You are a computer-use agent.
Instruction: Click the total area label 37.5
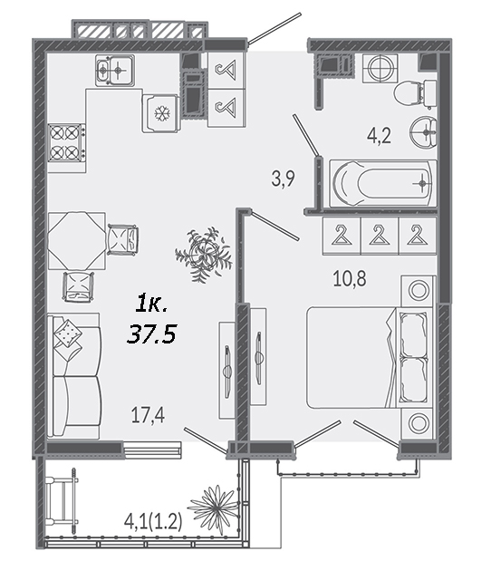[x=151, y=334]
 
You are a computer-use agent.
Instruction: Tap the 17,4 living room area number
[x=149, y=414]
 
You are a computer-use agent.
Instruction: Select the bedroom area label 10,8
[x=350, y=278]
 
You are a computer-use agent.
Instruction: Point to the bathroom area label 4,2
[x=379, y=135]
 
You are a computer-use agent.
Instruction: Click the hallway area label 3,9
[x=284, y=179]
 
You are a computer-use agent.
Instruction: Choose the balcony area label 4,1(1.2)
[x=153, y=523]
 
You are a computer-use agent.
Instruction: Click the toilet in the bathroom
[x=415, y=92]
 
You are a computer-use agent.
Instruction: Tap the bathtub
[x=382, y=183]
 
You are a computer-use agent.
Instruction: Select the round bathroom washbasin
[x=424, y=131]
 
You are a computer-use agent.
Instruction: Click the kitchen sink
[x=115, y=71]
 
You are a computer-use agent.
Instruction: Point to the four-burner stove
[x=66, y=142]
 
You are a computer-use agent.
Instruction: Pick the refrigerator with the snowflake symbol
[x=161, y=112]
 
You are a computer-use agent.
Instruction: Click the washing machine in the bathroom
[x=380, y=69]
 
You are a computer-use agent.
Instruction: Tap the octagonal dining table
[x=76, y=240]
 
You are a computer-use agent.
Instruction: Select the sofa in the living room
[x=74, y=375]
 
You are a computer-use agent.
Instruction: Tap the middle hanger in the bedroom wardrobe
[x=379, y=236]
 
